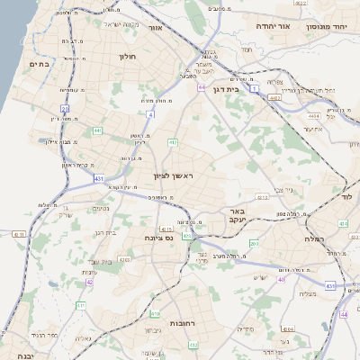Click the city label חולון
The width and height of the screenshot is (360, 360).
[x=126, y=56]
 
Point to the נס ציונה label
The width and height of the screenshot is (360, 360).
[x=158, y=238]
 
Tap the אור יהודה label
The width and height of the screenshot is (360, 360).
[x=271, y=26]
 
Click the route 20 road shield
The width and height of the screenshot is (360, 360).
[x=66, y=109]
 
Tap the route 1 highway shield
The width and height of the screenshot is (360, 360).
[x=255, y=89]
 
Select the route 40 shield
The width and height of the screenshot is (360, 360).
[x=281, y=279]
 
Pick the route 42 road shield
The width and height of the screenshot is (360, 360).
[x=89, y=282]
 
